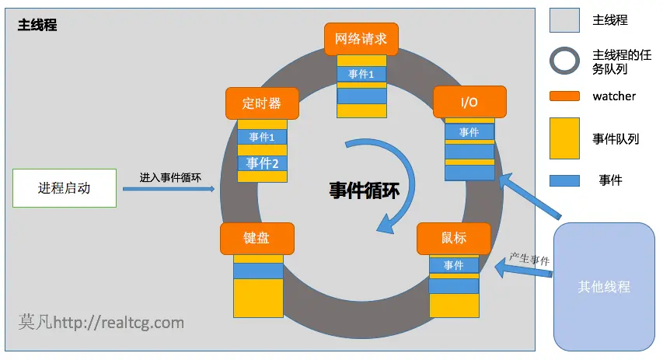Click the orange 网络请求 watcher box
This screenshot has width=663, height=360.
(x=361, y=38)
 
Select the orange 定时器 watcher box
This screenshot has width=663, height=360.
(x=262, y=103)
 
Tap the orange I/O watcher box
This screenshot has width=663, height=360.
(x=469, y=102)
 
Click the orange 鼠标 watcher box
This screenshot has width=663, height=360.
(x=454, y=239)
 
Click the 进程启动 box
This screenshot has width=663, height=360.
(x=65, y=188)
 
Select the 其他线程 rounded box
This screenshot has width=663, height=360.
(x=603, y=287)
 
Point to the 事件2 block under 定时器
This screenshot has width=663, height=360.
(x=262, y=163)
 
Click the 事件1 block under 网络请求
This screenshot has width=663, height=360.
(x=361, y=74)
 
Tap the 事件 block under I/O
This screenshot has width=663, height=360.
(x=469, y=132)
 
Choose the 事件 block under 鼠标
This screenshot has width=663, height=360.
(x=454, y=266)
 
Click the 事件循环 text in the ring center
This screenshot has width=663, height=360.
(x=364, y=190)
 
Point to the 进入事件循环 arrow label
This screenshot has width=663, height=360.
(x=170, y=177)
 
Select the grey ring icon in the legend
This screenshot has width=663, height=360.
(x=564, y=62)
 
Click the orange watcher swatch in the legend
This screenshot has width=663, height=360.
(x=564, y=96)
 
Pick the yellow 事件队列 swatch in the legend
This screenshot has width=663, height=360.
(x=564, y=138)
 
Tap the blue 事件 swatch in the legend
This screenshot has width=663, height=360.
(x=564, y=180)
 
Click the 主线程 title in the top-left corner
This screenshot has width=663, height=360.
(x=37, y=25)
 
